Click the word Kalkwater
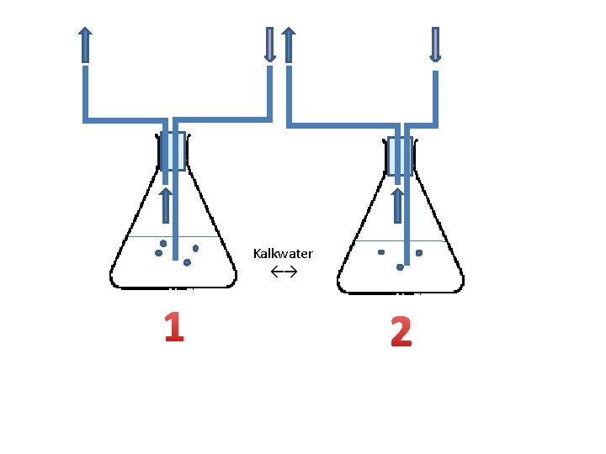pyautogui.click(x=283, y=253)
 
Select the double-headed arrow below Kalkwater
pyautogui.click(x=284, y=272)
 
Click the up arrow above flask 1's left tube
pyautogui.click(x=85, y=44)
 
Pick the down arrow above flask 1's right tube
pyautogui.click(x=269, y=44)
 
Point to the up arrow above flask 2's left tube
pyautogui.click(x=288, y=44)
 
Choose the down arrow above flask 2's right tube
pyautogui.click(x=435, y=44)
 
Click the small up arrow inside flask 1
pyautogui.click(x=166, y=206)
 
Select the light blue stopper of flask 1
pyautogui.click(x=172, y=151)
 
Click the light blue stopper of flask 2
pyautogui.click(x=400, y=156)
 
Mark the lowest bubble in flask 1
pyautogui.click(x=187, y=262)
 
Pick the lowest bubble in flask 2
pyautogui.click(x=400, y=267)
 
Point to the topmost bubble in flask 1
pyautogui.click(x=163, y=243)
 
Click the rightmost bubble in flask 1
pyautogui.click(x=195, y=248)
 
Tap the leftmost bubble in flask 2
pyautogui.click(x=380, y=251)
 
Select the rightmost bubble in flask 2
pyautogui.click(x=419, y=252)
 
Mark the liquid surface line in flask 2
pyautogui.click(x=370, y=241)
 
